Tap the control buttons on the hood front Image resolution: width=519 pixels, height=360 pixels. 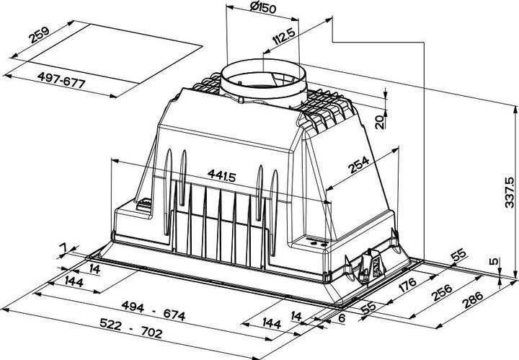(315, 243)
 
